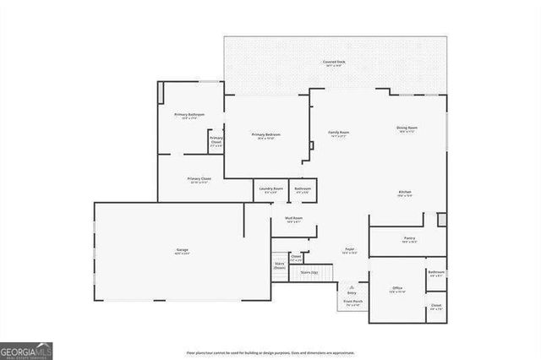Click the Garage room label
point(182,251)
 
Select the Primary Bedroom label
point(266,135)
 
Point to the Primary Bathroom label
point(185,115)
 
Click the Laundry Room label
point(270,190)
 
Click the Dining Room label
point(407,129)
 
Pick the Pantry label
point(409,239)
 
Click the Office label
point(396,289)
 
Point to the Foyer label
point(348,250)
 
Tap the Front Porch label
point(352,302)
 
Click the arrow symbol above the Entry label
point(352,286)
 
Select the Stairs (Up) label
point(309,273)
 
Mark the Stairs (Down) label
point(279,265)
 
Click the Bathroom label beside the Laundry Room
point(303,190)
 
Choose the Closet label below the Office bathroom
point(436,306)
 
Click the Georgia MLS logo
point(26,350)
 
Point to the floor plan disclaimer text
point(270,352)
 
